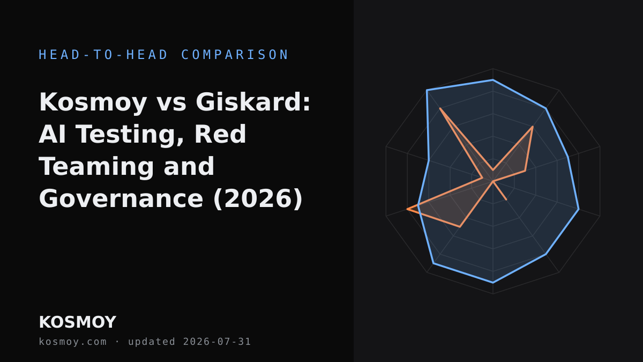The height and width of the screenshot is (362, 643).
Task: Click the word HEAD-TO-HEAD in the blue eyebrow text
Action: (103, 55)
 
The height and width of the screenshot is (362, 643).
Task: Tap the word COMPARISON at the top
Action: (235, 55)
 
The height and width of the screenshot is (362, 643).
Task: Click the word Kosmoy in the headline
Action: (93, 103)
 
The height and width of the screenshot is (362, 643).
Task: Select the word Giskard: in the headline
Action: (253, 102)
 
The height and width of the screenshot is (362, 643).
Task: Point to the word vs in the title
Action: (171, 104)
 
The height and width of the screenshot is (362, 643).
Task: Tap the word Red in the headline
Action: (220, 134)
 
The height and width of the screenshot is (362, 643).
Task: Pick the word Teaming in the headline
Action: (96, 167)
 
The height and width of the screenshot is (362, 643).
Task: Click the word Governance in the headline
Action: (121, 198)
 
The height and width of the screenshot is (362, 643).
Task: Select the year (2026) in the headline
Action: (258, 199)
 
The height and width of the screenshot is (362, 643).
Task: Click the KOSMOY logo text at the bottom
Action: (78, 322)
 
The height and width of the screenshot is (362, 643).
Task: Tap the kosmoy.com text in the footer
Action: (73, 342)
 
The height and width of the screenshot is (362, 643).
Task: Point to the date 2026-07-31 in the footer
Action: (217, 342)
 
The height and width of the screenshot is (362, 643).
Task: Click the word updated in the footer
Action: (152, 342)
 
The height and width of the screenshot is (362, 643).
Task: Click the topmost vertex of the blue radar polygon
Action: (493, 79)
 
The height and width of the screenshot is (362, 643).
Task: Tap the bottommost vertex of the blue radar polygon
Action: (493, 283)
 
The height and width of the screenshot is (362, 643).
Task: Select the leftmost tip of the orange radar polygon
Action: (407, 209)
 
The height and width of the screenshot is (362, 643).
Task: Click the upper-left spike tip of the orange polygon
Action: (440, 108)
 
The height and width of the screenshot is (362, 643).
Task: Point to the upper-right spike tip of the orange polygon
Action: (533, 127)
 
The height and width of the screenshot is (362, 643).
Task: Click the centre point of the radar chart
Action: (493, 181)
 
